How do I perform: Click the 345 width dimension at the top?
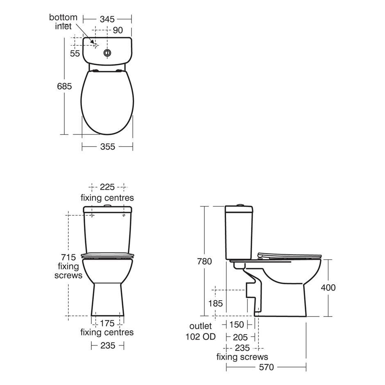(x=107, y=19)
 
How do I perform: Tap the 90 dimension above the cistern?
(x=118, y=30)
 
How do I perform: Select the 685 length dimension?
(x=64, y=86)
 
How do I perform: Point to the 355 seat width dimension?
(x=108, y=147)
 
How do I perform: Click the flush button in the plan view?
(x=107, y=53)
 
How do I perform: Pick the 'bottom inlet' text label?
(x=63, y=22)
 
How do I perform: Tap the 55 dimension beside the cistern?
(x=75, y=53)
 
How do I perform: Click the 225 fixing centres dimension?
(x=107, y=187)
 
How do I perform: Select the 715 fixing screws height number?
(x=68, y=257)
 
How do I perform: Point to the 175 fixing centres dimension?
(x=107, y=323)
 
